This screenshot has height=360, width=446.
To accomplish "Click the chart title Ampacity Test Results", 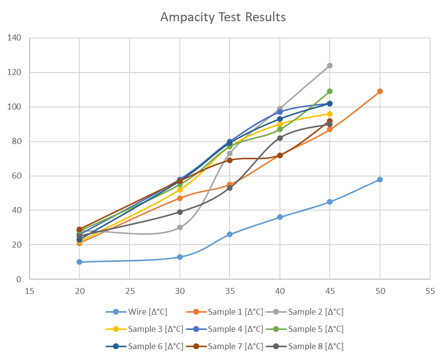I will [x=223, y=17].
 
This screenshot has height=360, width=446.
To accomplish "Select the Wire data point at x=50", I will [x=380, y=179].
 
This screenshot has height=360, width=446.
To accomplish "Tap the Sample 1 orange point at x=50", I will [x=380, y=91].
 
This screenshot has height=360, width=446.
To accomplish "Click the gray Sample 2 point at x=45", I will [x=330, y=66].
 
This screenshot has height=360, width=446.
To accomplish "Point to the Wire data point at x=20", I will [x=79, y=262].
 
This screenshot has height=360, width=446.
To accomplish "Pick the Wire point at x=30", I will [x=180, y=257].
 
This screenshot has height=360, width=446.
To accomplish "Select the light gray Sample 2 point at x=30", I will [x=180, y=227].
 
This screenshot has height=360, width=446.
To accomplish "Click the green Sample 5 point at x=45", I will [x=330, y=91].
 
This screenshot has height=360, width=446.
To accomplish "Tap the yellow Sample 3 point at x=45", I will [x=330, y=114].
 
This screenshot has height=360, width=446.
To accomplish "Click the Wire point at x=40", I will [x=280, y=217].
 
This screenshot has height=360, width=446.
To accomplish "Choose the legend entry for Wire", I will [x=137, y=312].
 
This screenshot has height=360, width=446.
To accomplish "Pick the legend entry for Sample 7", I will [x=226, y=346].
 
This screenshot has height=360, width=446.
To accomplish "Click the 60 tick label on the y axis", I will [x=16, y=176].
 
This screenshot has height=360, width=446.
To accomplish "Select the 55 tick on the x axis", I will [x=430, y=291].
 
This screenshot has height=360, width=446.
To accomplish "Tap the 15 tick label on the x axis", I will [x=30, y=291].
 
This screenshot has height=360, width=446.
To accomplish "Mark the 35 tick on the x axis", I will [x=230, y=291].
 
